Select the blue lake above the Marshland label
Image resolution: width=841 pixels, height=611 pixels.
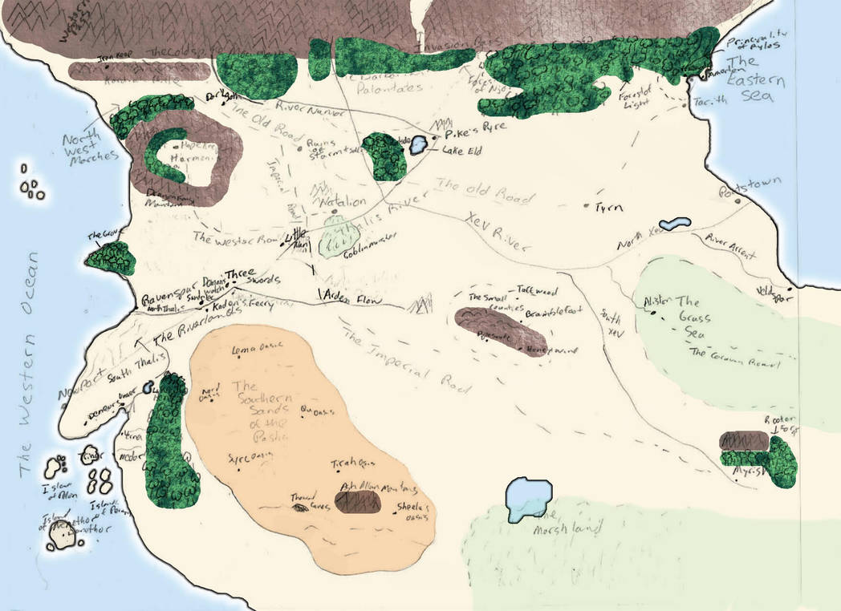(x=529, y=496)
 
